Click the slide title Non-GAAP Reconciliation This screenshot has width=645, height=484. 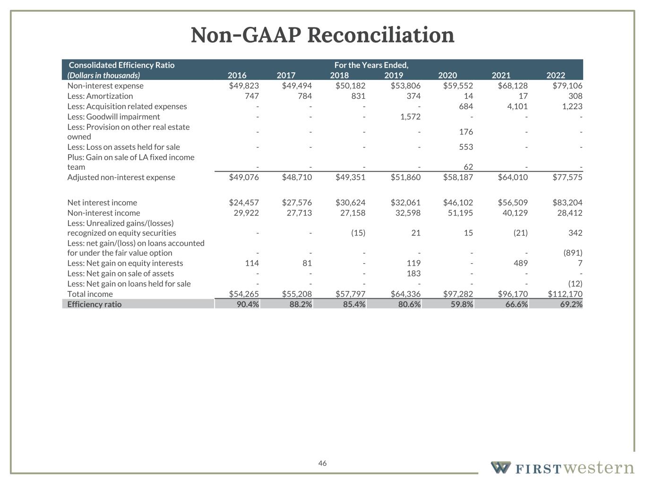coord(322,35)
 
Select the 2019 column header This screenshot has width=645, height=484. coord(393,75)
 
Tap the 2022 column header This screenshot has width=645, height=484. coord(555,75)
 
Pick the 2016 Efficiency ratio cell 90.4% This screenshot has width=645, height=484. coord(248,304)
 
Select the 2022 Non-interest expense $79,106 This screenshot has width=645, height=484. coord(567,86)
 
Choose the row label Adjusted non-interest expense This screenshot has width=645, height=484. coord(121,177)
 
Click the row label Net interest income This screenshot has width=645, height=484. coord(102,203)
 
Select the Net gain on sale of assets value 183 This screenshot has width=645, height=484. coord(413,274)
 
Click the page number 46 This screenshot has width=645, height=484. coord(322,463)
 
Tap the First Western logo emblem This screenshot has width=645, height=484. coord(500,468)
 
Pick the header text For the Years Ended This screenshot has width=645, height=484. coord(371,65)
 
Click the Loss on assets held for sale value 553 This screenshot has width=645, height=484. coord(465,147)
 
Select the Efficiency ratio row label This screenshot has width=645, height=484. coord(94,304)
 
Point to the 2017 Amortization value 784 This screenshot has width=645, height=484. coord(304,96)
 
